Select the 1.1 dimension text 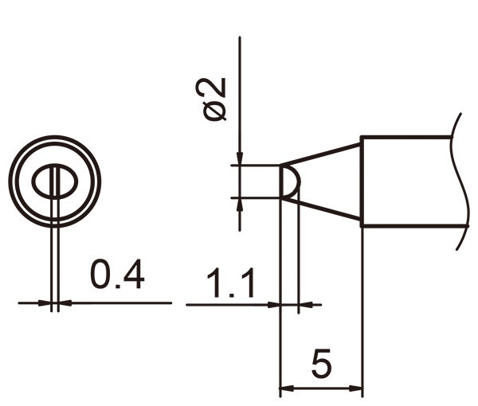[x=230, y=283]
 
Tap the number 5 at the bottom [x=321, y=365]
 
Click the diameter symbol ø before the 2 [x=216, y=112]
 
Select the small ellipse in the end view [x=53, y=183]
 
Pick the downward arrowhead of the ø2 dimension [x=240, y=158]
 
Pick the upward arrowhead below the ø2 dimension [x=240, y=204]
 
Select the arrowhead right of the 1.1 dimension [x=304, y=303]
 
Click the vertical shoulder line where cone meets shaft [x=362, y=182]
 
